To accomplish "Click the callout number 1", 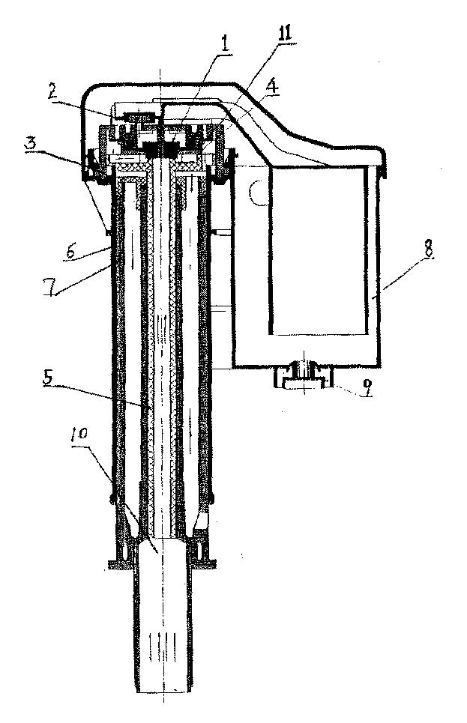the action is tap(225, 43).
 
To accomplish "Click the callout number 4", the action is tap(272, 86).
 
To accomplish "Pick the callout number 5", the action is tap(49, 378).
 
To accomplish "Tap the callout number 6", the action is tap(70, 252).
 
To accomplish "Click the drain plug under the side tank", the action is tap(303, 377).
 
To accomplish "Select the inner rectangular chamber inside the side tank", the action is tap(319, 250).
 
